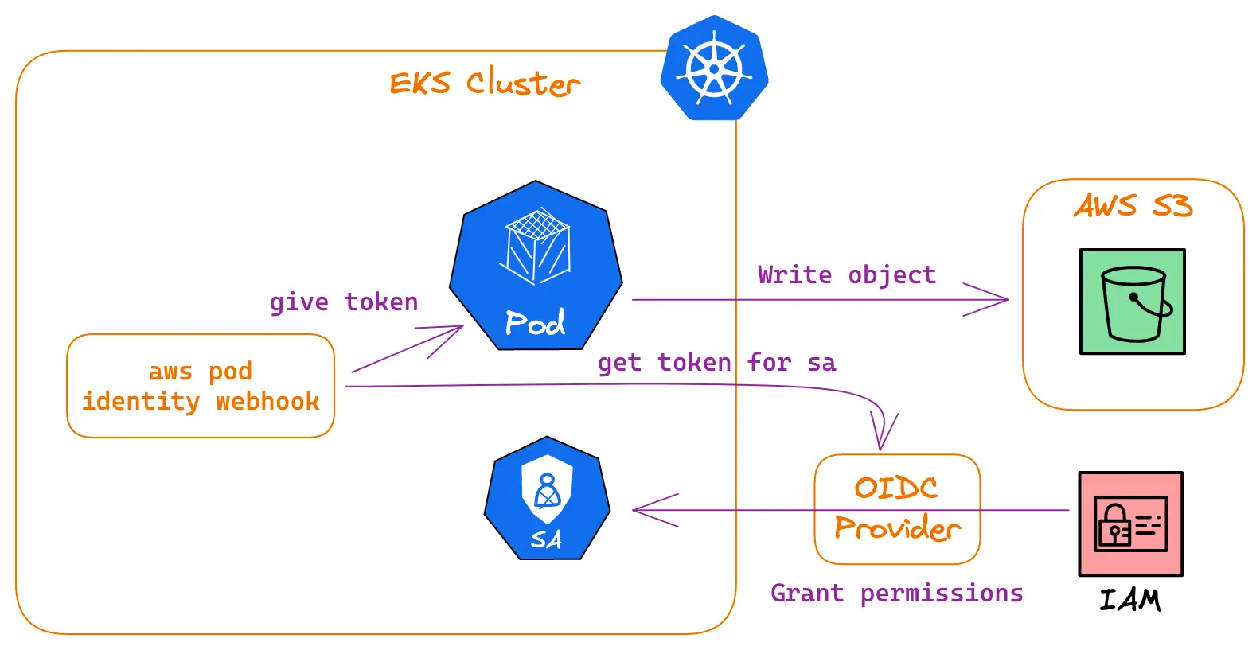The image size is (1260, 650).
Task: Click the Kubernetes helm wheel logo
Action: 714,68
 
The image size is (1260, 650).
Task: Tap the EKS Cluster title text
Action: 484,84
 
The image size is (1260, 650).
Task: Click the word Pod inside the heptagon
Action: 535,323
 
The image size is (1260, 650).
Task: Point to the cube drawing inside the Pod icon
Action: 536,245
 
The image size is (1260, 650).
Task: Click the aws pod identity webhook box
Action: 201,386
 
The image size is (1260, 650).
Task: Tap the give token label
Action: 343,302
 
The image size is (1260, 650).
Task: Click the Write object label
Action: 846,274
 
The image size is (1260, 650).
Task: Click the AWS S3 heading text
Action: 1133,206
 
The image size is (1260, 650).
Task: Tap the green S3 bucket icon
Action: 1132,302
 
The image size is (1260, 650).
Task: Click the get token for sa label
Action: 716,363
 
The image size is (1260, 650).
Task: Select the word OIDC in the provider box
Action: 896,488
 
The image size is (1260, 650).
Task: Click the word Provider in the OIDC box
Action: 897,527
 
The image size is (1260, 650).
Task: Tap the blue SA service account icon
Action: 547,500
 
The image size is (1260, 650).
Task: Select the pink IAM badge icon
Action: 1130,524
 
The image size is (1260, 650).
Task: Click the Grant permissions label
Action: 896,594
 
